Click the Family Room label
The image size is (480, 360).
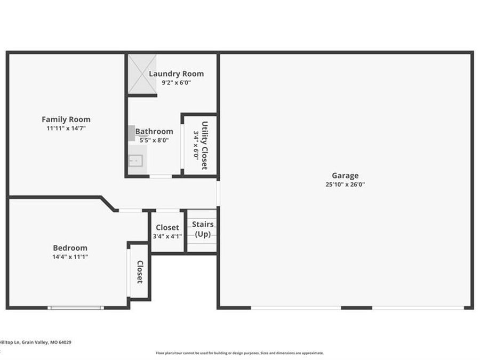coord(66,119)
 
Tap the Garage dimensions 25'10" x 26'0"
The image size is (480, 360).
coord(345,185)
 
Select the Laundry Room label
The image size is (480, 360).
coord(177,74)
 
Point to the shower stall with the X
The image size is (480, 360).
coord(142,74)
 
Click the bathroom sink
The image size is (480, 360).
coord(135,161)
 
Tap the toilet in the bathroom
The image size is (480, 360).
coord(132,133)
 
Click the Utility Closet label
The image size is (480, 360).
coord(205,146)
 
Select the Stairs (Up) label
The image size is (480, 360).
coord(203,229)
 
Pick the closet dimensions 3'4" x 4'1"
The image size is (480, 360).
coord(167,236)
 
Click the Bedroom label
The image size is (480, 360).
coord(70,247)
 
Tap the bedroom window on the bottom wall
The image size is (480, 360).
coord(76,308)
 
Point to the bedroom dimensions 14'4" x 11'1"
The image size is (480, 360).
coord(70,257)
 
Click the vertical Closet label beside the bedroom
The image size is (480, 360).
coord(140,272)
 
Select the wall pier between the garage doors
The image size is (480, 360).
coord(357,308)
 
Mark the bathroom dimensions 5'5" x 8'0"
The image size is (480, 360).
coord(154,140)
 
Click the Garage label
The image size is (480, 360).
coord(345,175)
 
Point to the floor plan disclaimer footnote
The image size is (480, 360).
coord(239,353)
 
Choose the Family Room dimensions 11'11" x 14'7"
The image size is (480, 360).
coord(66,128)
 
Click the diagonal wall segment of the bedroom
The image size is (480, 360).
coord(108,204)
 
